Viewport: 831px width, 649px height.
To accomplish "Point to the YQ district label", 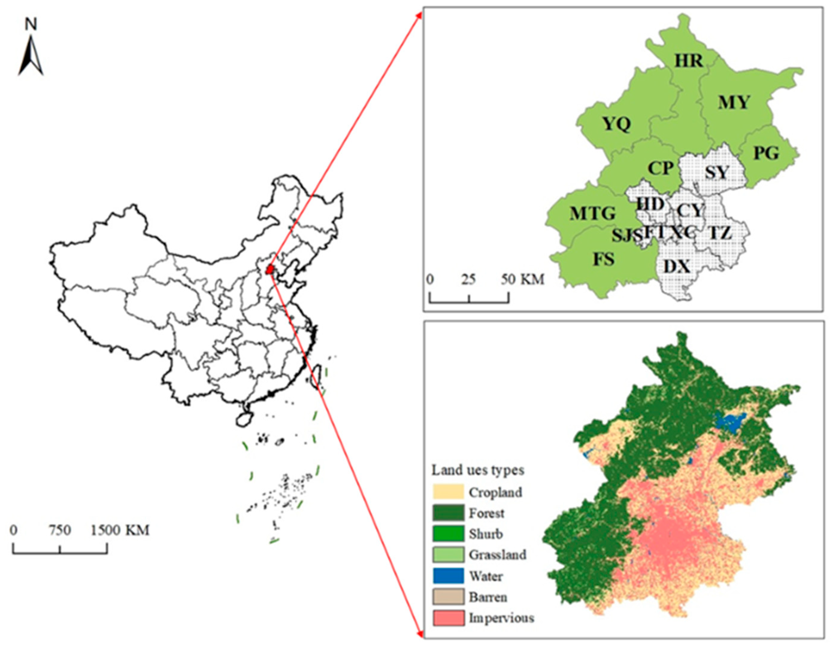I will (x=616, y=124).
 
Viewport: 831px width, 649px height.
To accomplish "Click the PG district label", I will (x=766, y=153).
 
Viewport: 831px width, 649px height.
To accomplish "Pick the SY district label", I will (x=716, y=173).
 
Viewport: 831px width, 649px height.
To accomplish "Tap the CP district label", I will (x=661, y=168).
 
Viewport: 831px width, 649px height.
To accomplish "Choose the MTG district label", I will (x=592, y=214).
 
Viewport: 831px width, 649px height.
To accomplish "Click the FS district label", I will (x=604, y=259).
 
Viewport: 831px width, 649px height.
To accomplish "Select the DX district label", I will (x=676, y=267).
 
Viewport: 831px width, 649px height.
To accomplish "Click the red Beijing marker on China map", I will (x=270, y=269).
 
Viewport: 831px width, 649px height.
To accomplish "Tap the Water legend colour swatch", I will (x=448, y=576).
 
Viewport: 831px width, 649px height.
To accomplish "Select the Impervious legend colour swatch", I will (x=448, y=618).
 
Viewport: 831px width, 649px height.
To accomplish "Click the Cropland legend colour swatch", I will (x=448, y=492).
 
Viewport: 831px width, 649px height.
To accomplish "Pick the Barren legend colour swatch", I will (x=448, y=597).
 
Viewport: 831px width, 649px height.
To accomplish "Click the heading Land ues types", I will (x=478, y=470).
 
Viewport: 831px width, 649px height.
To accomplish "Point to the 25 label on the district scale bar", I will (x=469, y=279).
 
